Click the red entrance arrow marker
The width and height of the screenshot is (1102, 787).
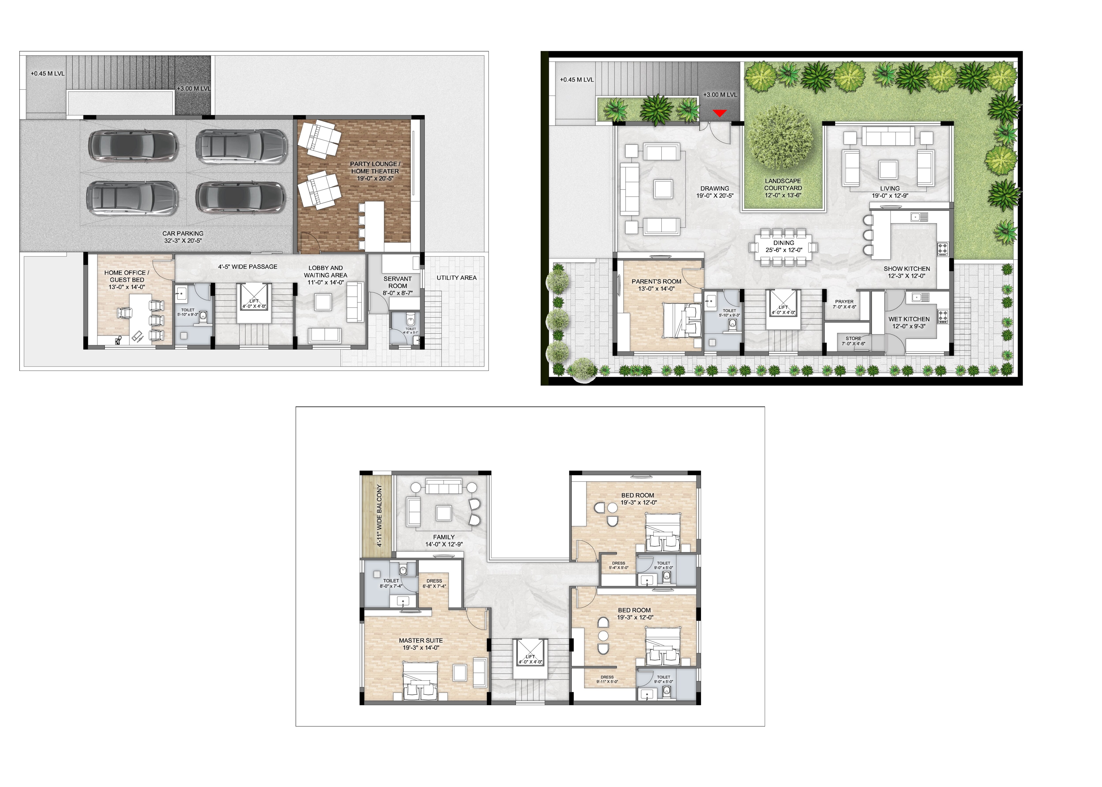[720, 113]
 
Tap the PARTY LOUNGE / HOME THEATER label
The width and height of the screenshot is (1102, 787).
[375, 168]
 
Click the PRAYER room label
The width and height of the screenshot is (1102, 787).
[844, 301]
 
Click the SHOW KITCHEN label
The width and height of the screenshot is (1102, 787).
[907, 268]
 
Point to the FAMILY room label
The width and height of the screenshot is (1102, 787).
[444, 537]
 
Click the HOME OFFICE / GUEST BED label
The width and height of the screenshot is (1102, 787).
[127, 276]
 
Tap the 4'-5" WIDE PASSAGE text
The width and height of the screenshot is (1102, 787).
[248, 266]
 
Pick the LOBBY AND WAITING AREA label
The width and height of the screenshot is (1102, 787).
[326, 271]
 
